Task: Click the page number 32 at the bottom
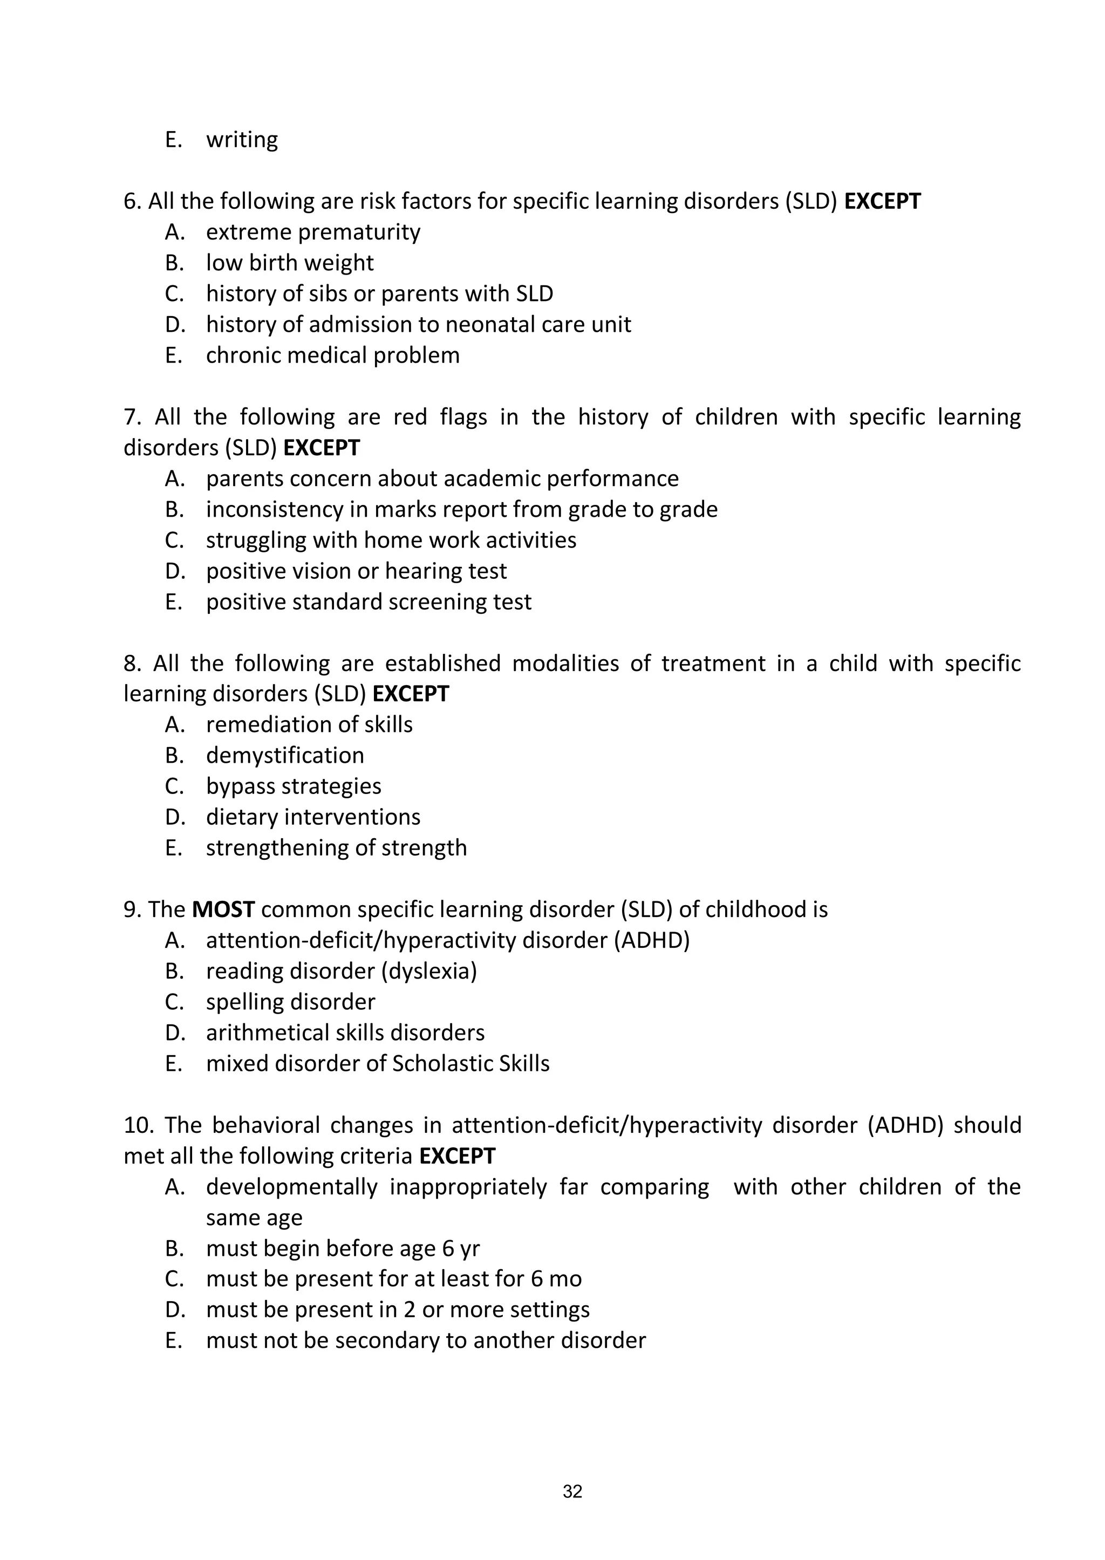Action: tap(572, 1491)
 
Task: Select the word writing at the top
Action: tap(242, 140)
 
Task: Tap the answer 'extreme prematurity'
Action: tap(313, 232)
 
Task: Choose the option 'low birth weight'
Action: tap(290, 263)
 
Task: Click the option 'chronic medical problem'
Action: tap(333, 355)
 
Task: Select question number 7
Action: tap(131, 417)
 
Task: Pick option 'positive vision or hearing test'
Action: tap(356, 571)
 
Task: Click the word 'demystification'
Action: tap(285, 755)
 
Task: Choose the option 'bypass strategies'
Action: tap(294, 786)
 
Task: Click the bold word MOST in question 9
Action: tap(223, 909)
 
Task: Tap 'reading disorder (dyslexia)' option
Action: tap(342, 971)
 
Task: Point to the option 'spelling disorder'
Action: tap(290, 1002)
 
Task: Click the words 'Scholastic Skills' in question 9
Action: tap(471, 1063)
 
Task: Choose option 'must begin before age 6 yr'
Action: tap(343, 1248)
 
